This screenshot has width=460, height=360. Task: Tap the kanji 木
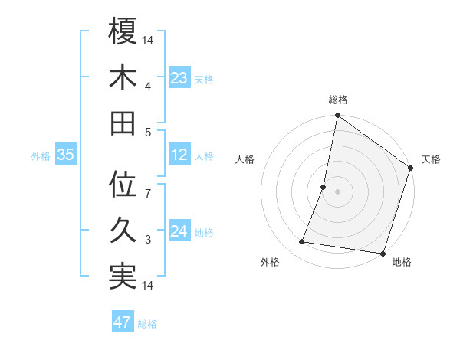(123, 77)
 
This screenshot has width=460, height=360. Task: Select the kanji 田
(123, 123)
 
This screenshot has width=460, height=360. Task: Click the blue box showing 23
(179, 77)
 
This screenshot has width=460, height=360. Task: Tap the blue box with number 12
(179, 155)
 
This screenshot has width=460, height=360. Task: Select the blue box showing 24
(179, 231)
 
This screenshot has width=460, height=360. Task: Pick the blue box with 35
(66, 155)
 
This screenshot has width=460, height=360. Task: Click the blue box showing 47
(123, 322)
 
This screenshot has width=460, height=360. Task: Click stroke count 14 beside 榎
(148, 39)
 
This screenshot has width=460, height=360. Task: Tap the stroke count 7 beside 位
(148, 194)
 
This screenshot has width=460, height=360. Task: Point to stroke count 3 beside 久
(148, 240)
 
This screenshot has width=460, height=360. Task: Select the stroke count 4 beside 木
(148, 85)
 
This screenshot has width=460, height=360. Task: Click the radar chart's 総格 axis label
(337, 100)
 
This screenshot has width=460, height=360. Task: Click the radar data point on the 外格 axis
(302, 242)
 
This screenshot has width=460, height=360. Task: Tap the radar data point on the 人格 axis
(324, 187)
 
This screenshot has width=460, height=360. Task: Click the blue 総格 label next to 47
(147, 324)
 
